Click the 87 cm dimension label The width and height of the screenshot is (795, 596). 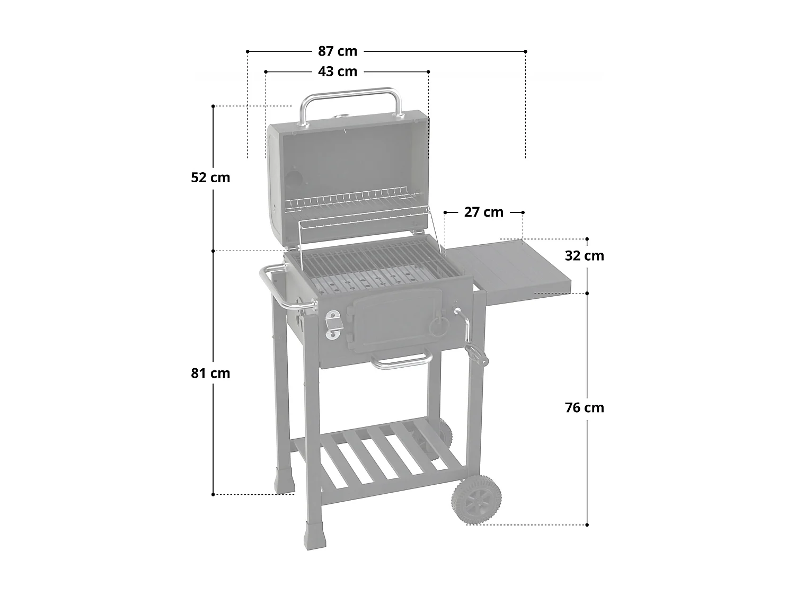pos(338,51)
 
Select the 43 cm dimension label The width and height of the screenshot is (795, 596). pos(338,71)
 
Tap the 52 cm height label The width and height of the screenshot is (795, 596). pos(210,177)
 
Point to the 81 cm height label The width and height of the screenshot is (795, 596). pos(210,373)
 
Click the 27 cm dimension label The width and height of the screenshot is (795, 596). pos(483,212)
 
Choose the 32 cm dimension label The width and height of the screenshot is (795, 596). pos(584,255)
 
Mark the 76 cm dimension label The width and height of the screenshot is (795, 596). pos(584,407)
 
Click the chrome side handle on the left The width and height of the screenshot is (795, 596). pos(276,289)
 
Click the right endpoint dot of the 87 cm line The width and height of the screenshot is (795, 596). pos(525,51)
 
